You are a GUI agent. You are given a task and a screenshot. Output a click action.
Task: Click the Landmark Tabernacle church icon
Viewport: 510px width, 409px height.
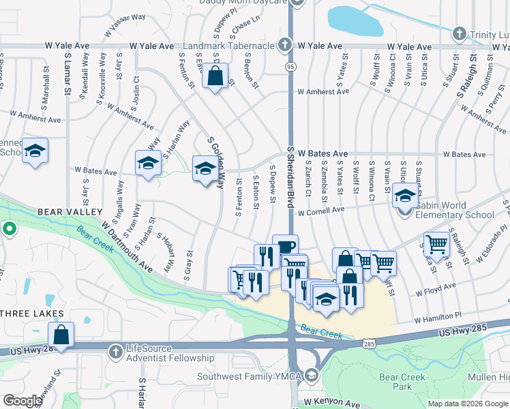click(x=285, y=46)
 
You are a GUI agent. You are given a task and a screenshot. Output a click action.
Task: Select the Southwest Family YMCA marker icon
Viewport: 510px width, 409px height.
click(x=312, y=375)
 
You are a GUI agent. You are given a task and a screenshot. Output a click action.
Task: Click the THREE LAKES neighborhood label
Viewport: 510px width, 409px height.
click(x=32, y=314)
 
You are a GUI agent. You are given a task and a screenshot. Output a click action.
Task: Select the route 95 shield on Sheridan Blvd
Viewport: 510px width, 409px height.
click(x=290, y=67)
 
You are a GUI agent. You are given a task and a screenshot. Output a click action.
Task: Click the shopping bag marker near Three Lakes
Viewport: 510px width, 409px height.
click(x=61, y=335)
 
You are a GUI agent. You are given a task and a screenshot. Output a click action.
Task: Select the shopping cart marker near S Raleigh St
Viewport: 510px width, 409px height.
click(x=436, y=243)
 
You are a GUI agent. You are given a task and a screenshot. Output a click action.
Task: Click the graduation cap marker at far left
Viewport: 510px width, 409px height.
click(x=35, y=151)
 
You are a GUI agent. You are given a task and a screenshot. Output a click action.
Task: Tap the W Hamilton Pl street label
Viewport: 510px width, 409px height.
click(x=438, y=317)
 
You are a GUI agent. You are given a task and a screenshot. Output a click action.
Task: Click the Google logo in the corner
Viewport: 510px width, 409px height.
click(x=22, y=401)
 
